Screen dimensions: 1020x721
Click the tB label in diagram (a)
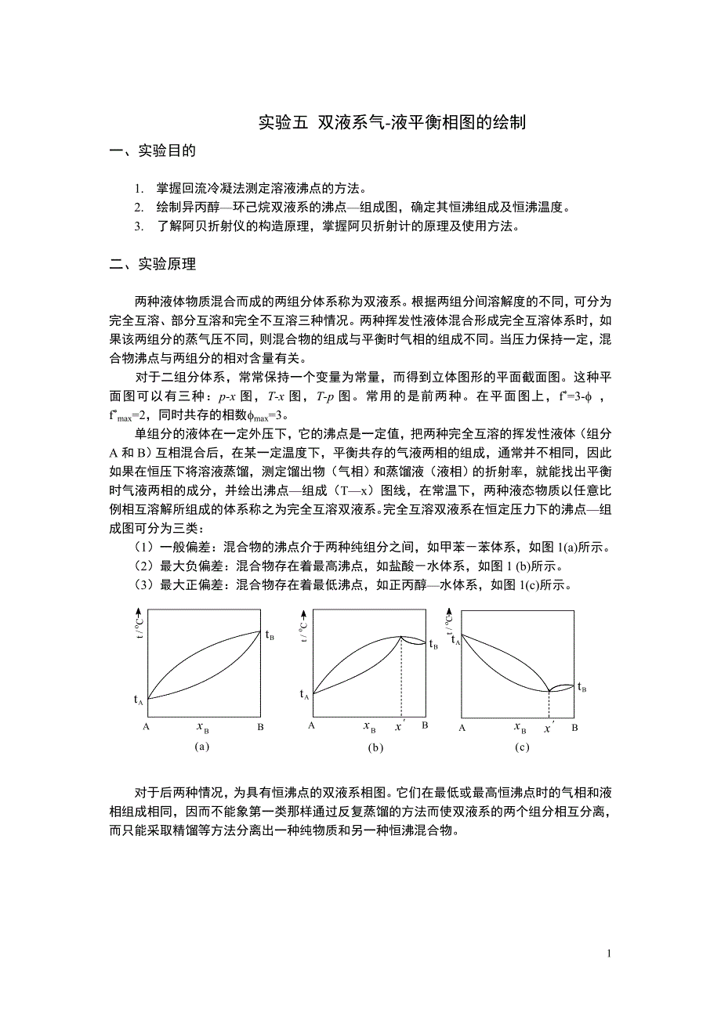click(269, 635)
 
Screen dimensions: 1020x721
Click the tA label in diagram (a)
click(139, 700)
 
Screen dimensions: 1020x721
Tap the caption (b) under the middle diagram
click(376, 747)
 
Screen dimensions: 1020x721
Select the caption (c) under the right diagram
click(523, 747)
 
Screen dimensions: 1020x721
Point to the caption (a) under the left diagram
click(202, 746)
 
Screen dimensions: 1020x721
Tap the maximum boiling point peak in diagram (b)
click(400, 636)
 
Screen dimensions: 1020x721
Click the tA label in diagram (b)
click(305, 694)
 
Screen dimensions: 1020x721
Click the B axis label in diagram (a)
click(261, 727)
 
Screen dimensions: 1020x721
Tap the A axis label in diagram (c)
click(462, 728)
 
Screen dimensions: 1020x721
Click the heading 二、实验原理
click(153, 264)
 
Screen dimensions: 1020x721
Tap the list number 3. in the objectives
click(138, 227)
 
